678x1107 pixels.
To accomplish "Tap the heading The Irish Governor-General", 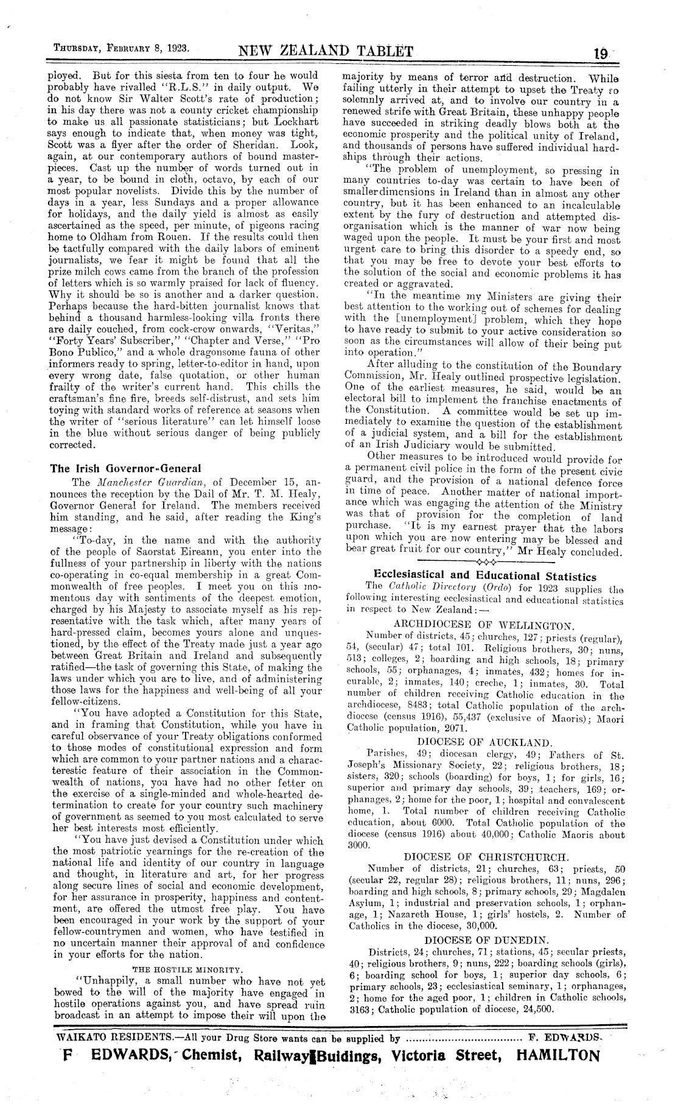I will pyautogui.click(x=125, y=468).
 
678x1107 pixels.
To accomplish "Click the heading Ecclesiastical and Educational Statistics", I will pyautogui.click(x=484, y=575).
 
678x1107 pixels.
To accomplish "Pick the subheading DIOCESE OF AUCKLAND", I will pyautogui.click(x=484, y=742).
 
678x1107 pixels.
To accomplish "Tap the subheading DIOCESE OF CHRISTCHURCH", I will pyautogui.click(x=486, y=856).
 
